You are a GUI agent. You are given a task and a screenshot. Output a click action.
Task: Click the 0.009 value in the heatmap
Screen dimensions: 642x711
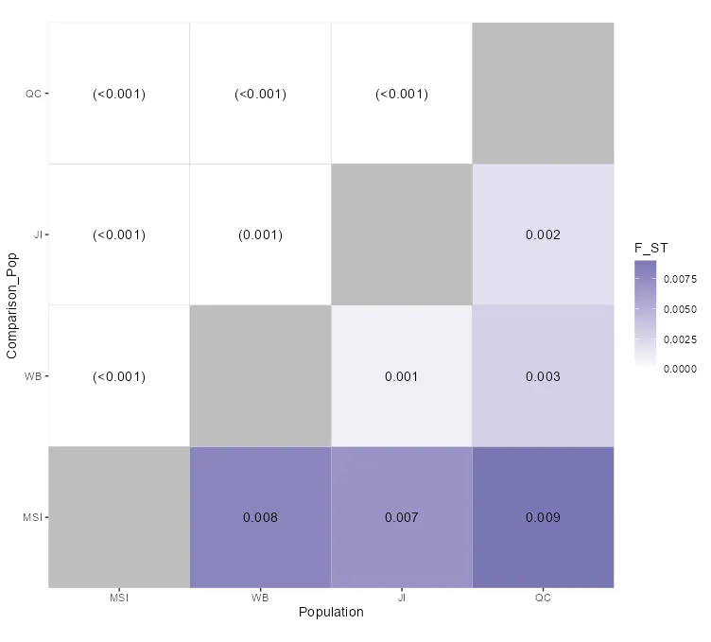(x=543, y=517)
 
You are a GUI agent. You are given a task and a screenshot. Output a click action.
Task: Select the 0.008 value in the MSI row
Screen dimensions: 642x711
(x=260, y=517)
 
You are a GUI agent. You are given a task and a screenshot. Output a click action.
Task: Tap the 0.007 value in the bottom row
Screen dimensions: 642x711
(x=402, y=517)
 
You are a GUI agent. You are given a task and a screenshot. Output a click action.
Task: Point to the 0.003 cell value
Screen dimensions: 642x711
(x=543, y=376)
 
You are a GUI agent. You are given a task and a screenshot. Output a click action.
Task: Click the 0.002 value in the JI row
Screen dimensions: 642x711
(x=543, y=235)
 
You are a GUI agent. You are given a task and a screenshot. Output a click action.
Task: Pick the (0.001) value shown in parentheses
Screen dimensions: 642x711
(x=260, y=235)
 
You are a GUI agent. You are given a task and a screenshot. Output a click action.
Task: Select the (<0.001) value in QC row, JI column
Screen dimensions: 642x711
(x=402, y=94)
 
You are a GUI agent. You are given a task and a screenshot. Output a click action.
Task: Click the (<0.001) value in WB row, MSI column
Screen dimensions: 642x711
(x=119, y=376)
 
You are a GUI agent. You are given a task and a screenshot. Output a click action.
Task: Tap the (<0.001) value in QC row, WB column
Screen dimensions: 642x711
(x=260, y=94)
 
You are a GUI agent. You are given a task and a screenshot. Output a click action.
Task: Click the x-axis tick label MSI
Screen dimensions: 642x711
(x=119, y=598)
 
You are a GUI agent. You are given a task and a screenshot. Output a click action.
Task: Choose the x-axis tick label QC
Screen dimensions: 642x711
(x=543, y=598)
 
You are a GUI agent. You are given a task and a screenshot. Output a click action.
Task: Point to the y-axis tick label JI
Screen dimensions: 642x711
(x=35, y=234)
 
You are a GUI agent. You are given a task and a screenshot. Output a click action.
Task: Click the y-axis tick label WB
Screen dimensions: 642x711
(x=34, y=376)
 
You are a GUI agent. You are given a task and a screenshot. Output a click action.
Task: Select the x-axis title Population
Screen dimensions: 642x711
(x=331, y=613)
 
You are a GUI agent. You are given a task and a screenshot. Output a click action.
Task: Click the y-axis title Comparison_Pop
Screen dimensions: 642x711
(x=12, y=304)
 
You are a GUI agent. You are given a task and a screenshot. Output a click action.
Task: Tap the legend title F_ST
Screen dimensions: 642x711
(x=651, y=248)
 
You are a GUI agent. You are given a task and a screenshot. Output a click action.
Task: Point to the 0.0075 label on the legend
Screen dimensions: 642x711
(x=681, y=280)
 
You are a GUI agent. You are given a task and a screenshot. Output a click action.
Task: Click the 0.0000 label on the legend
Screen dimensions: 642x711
(x=681, y=369)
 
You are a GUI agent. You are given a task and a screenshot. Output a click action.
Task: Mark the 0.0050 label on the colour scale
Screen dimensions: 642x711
(x=681, y=309)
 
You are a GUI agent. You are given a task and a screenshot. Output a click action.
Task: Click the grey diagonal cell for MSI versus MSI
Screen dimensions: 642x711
(x=119, y=517)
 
